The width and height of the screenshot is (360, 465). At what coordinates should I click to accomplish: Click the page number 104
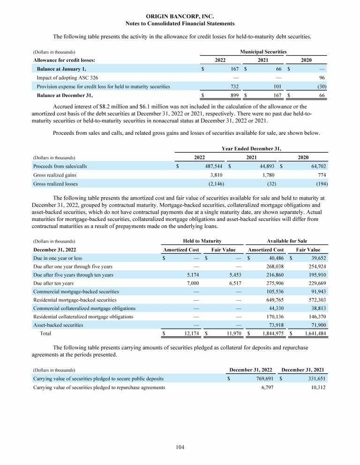(180, 447)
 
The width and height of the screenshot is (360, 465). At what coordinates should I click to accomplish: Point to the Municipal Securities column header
(263, 52)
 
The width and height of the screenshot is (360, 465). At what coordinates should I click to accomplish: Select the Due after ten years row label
(54, 283)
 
